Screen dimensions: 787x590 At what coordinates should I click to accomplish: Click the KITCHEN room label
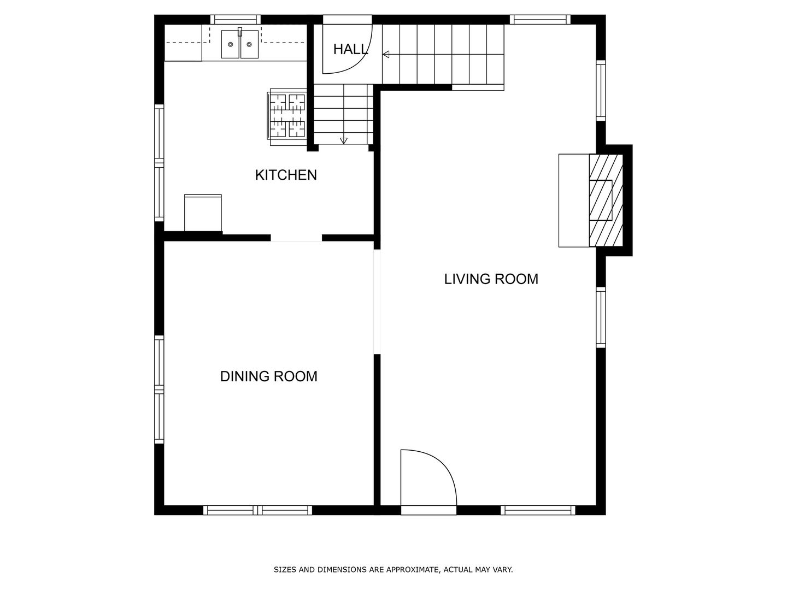tap(286, 175)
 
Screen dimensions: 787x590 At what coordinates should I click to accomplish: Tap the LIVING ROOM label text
tap(491, 279)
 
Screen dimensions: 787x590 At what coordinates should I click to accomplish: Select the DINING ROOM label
tap(268, 376)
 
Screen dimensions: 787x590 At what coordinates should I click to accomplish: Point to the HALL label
tap(350, 49)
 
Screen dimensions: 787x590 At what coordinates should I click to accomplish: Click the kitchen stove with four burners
tap(287, 117)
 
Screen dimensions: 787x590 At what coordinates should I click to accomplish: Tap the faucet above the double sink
tap(240, 32)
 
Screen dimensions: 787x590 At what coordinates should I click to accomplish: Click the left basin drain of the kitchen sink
tap(231, 44)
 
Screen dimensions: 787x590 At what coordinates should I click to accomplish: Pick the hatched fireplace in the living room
tap(606, 200)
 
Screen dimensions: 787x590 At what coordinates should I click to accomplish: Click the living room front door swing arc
tap(441, 462)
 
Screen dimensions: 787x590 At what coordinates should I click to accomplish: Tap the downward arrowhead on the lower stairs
tap(343, 141)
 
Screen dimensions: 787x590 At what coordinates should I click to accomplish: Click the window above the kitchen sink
tap(235, 19)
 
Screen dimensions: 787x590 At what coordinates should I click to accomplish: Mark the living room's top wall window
tap(540, 19)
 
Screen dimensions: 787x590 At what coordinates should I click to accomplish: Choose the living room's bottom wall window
tap(538, 510)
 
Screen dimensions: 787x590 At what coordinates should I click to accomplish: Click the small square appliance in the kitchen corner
tap(203, 213)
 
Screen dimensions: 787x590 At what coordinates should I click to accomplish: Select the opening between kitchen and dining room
tap(296, 238)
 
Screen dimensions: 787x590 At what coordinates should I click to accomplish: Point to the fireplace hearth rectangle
tap(574, 200)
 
